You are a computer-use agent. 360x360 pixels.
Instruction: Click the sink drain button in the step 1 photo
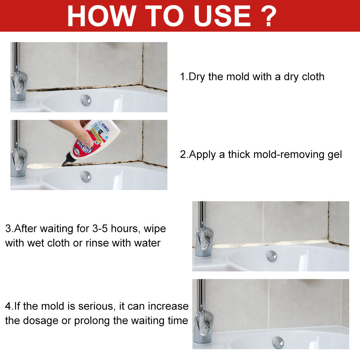point(86,100)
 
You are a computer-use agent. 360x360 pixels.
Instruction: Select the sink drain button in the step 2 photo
point(86,176)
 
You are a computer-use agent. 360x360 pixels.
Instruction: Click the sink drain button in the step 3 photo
point(272,256)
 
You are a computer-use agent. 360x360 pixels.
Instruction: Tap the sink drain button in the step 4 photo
point(278,342)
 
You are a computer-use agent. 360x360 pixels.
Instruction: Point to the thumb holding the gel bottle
point(85,137)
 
